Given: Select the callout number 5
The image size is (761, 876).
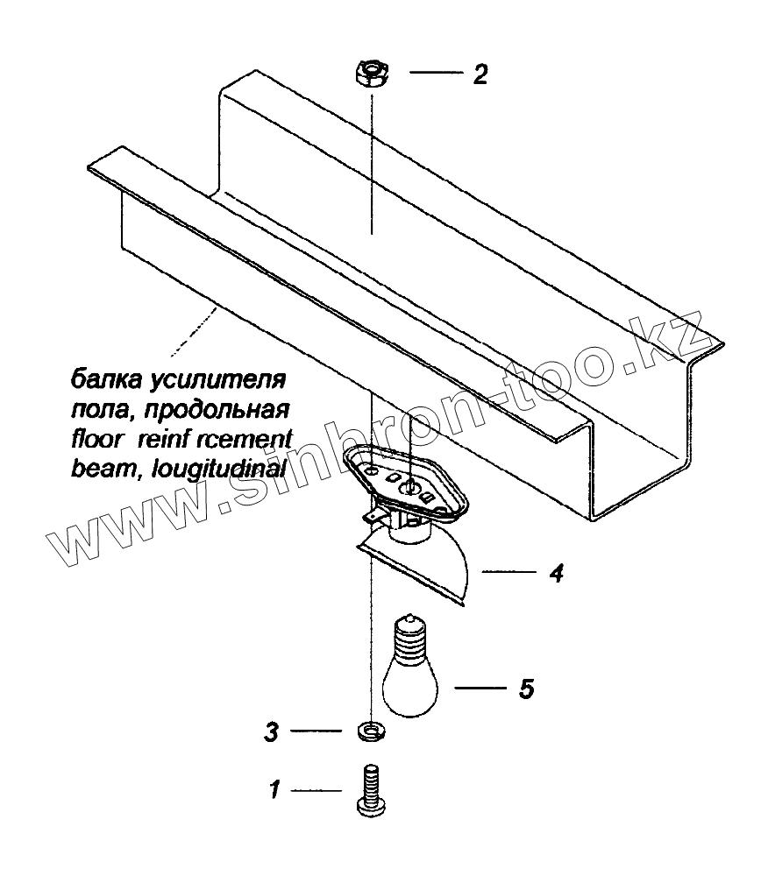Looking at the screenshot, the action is click(526, 689).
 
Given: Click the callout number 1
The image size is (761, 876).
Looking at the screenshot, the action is click(274, 791).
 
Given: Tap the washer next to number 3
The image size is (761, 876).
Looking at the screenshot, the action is click(373, 729).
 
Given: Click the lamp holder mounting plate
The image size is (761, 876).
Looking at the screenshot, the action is click(403, 477).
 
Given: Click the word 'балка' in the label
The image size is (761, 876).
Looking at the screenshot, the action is click(101, 382).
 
